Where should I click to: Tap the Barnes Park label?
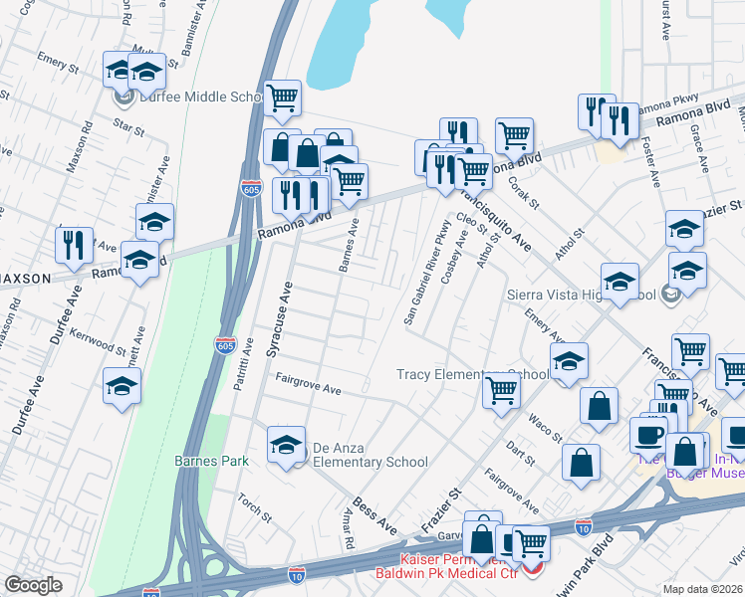click(210, 462)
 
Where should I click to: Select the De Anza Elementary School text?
click(371, 455)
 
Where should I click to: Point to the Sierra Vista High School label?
click(581, 295)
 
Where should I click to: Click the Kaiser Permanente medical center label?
click(445, 566)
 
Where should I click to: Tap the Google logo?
click(33, 585)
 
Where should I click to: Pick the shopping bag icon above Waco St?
click(598, 406)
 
